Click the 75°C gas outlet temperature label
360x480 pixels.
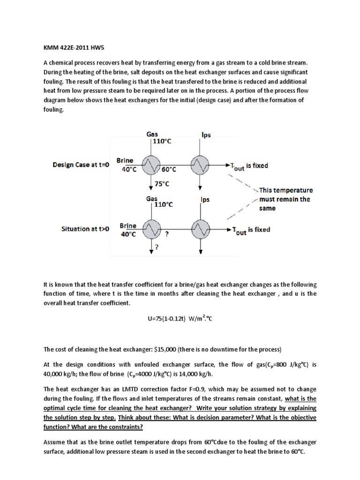click(162, 184)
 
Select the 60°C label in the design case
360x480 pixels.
click(168, 169)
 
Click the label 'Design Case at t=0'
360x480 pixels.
click(81, 165)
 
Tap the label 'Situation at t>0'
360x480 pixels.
click(85, 229)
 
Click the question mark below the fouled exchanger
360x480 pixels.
click(156, 248)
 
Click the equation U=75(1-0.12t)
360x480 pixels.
click(180, 319)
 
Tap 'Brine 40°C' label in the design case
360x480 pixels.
click(127, 165)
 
